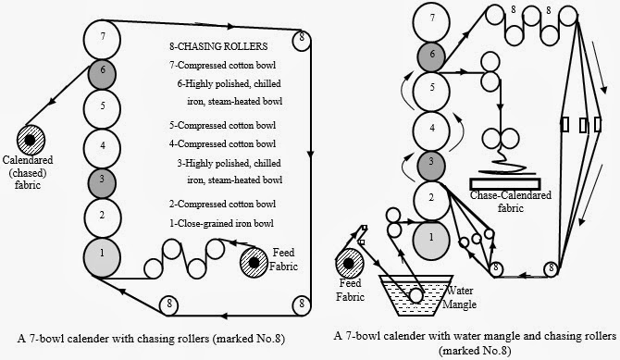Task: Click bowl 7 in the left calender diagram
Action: [x=102, y=38]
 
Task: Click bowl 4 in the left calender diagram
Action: [x=102, y=145]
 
